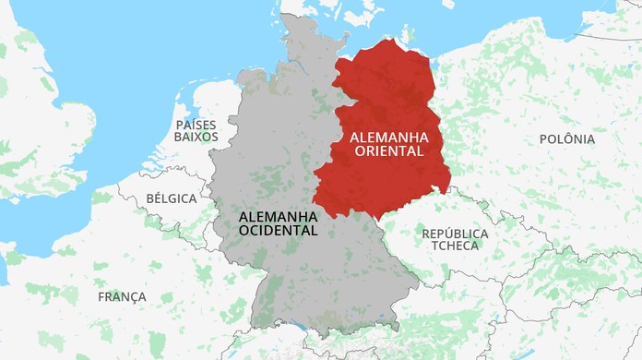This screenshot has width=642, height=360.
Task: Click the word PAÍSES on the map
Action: click(x=196, y=123)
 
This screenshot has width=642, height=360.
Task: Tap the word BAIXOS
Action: click(x=196, y=137)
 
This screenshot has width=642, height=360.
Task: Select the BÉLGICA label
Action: click(x=172, y=198)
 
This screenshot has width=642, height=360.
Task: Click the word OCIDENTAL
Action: click(x=278, y=230)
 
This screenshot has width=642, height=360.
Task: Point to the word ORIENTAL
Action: click(x=387, y=151)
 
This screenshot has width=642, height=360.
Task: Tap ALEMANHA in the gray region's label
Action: click(x=278, y=216)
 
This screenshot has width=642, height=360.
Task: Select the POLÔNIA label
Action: click(x=566, y=139)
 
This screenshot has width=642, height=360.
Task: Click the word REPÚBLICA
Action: click(x=455, y=234)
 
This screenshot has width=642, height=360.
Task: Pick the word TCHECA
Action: click(x=455, y=246)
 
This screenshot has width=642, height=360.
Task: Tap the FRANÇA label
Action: click(x=122, y=296)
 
